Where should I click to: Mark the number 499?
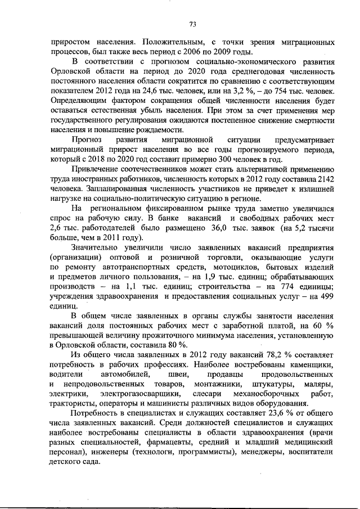tap(326, 296)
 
